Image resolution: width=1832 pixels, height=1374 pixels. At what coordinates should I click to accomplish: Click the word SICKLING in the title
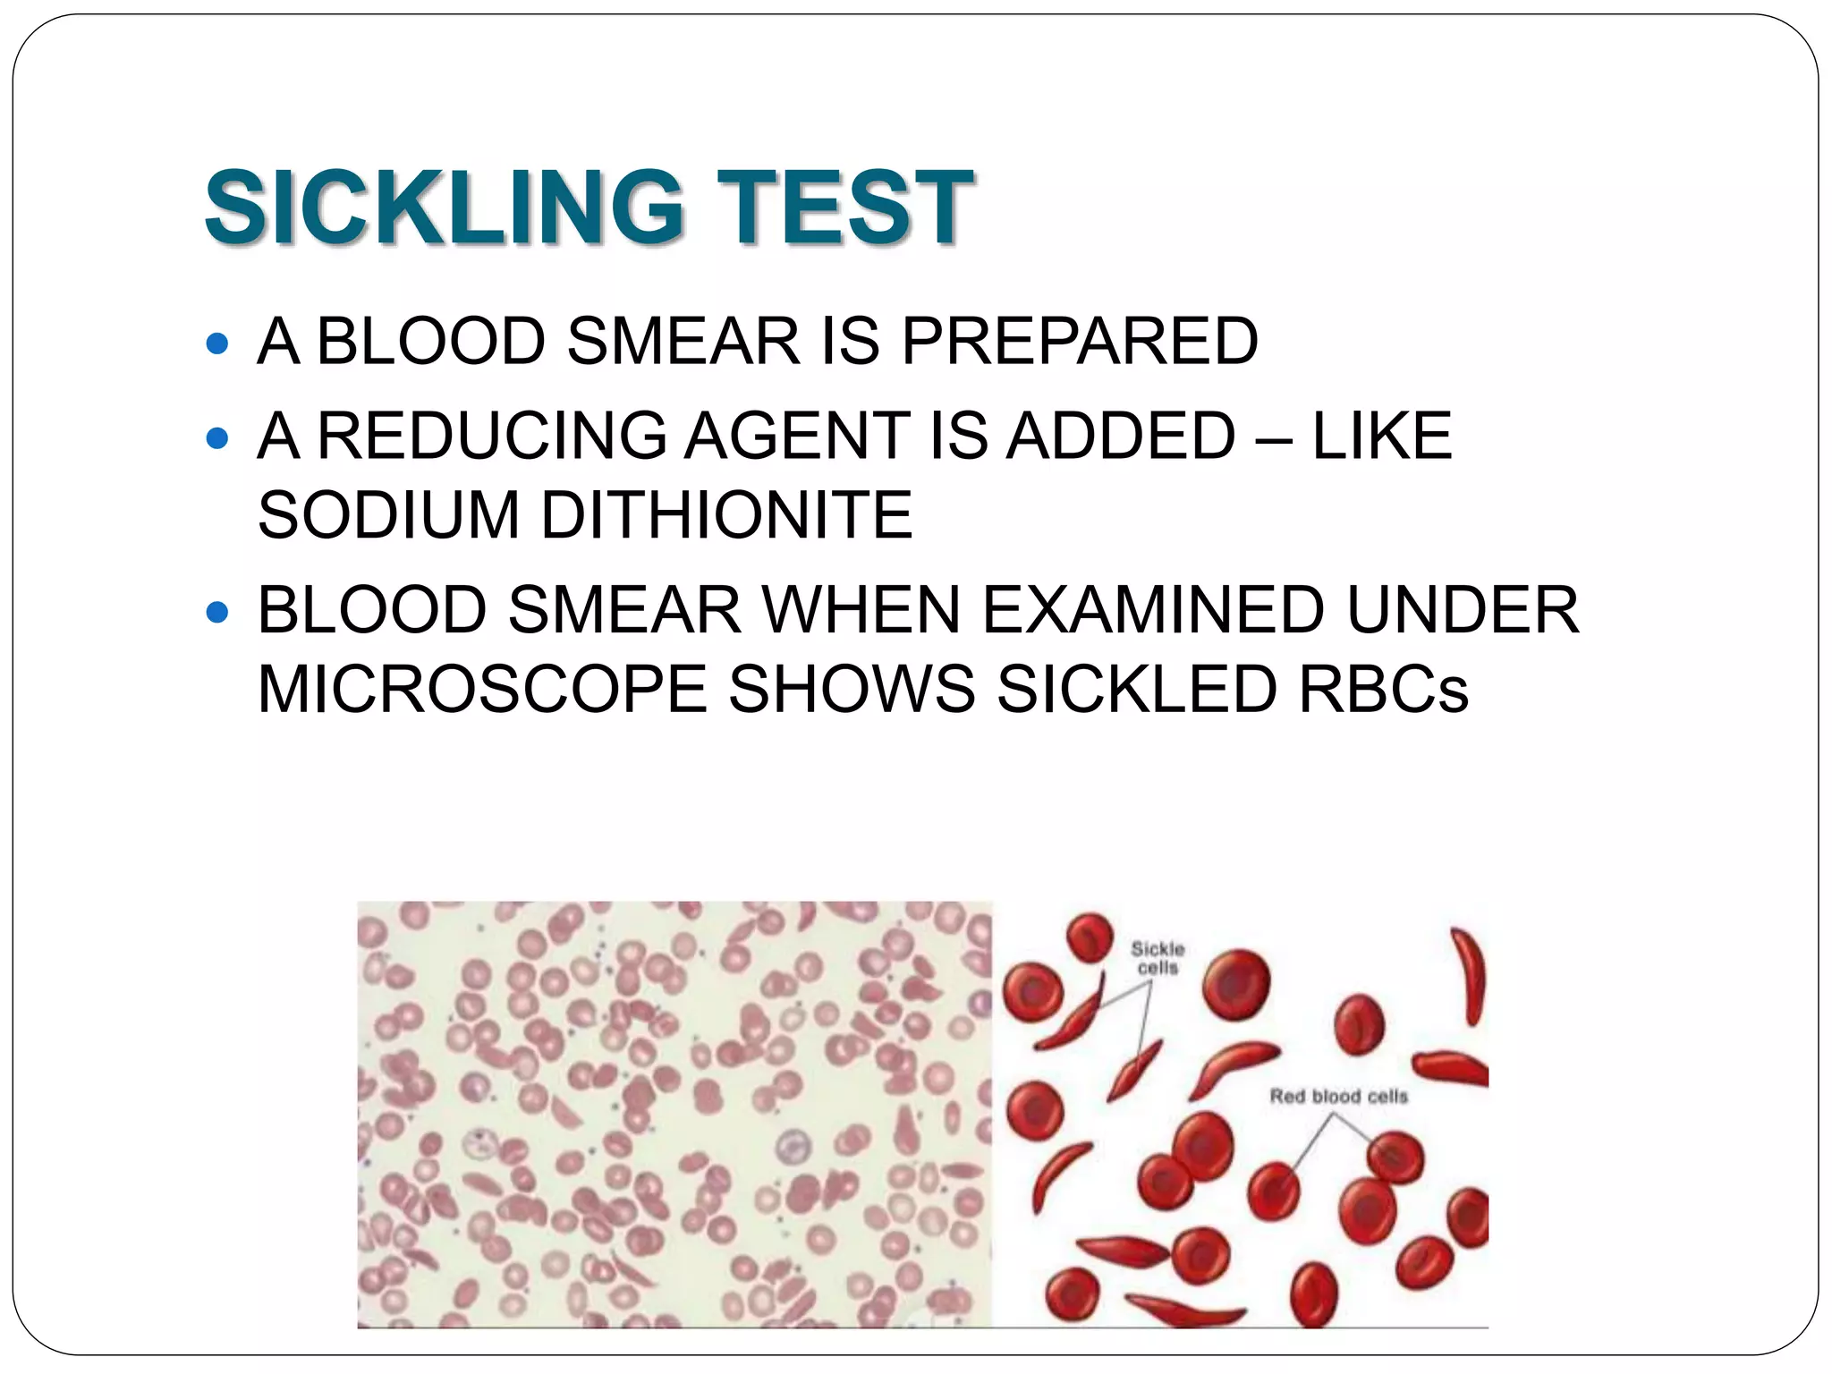(x=444, y=208)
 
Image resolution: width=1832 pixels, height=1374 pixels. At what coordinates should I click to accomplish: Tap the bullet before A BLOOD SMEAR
(x=217, y=343)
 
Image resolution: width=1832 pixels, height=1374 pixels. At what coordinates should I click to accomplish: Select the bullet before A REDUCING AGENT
(x=217, y=438)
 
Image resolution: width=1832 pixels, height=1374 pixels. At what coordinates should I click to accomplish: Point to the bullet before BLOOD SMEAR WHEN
(x=217, y=613)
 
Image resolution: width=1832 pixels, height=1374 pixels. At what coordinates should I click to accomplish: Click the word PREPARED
(x=1079, y=341)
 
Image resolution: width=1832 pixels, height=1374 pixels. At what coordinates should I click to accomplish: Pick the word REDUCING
(x=492, y=436)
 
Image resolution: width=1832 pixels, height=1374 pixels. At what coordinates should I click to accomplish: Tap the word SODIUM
(x=388, y=515)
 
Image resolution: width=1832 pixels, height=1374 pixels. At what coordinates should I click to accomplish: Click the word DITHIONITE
(x=726, y=515)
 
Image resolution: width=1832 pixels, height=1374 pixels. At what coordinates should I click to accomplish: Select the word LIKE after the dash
(x=1381, y=436)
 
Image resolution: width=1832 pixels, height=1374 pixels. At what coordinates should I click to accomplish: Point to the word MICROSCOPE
(x=481, y=690)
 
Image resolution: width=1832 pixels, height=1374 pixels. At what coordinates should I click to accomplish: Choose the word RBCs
(x=1383, y=690)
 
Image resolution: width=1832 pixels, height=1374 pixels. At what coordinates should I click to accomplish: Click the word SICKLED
(x=1136, y=690)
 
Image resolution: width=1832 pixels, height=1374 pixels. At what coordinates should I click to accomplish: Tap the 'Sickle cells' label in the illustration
(x=1157, y=958)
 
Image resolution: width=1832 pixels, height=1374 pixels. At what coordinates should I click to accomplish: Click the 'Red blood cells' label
(x=1338, y=1096)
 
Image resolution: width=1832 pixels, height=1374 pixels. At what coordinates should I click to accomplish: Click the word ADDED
(x=1120, y=436)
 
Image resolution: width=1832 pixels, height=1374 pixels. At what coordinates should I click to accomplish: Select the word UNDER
(x=1463, y=610)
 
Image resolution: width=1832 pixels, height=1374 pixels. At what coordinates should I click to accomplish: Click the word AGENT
(x=797, y=436)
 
